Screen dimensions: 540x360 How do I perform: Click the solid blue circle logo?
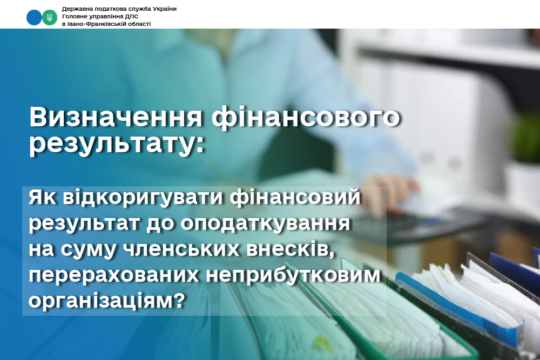click(x=33, y=18)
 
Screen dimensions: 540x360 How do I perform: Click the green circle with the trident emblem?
click(x=50, y=18)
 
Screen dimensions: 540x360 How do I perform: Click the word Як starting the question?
click(x=42, y=198)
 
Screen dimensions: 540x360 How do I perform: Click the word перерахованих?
click(x=113, y=276)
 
